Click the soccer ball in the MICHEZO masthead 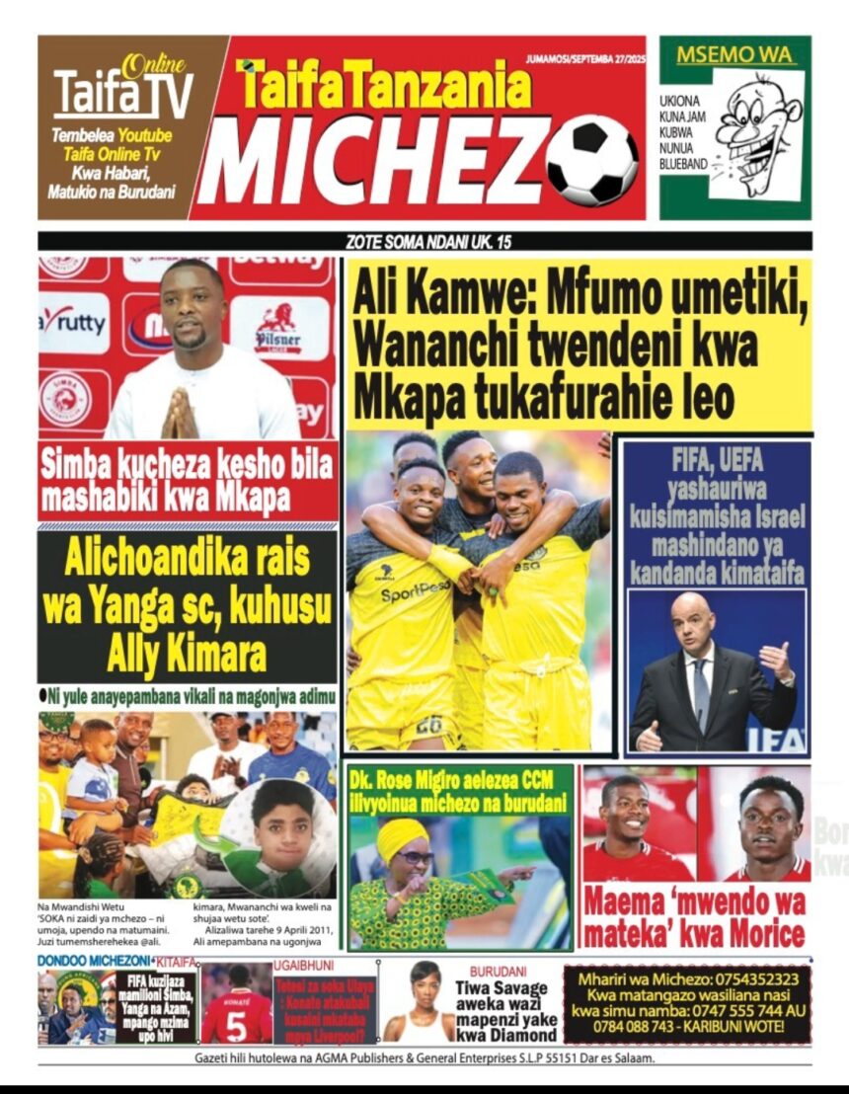click(592, 161)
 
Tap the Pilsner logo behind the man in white click(277, 330)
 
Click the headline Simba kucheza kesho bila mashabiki click(188, 480)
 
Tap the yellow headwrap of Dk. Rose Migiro click(402, 839)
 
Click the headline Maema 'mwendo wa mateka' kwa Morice click(694, 916)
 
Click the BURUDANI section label click(498, 972)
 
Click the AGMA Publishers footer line click(424, 1058)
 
